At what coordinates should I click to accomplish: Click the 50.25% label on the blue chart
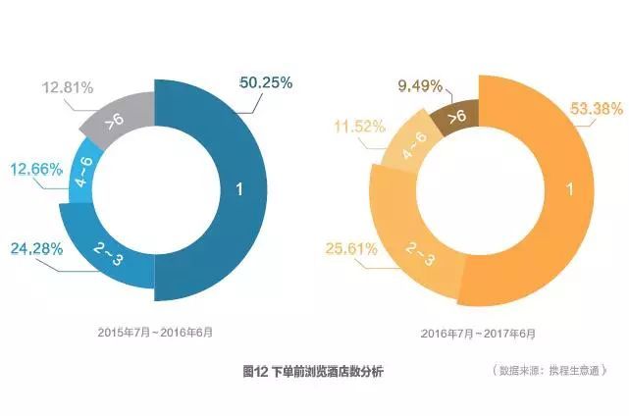point(266,82)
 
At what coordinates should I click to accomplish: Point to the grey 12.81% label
point(68,87)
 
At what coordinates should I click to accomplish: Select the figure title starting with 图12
point(313,372)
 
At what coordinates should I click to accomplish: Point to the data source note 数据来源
point(551,372)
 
